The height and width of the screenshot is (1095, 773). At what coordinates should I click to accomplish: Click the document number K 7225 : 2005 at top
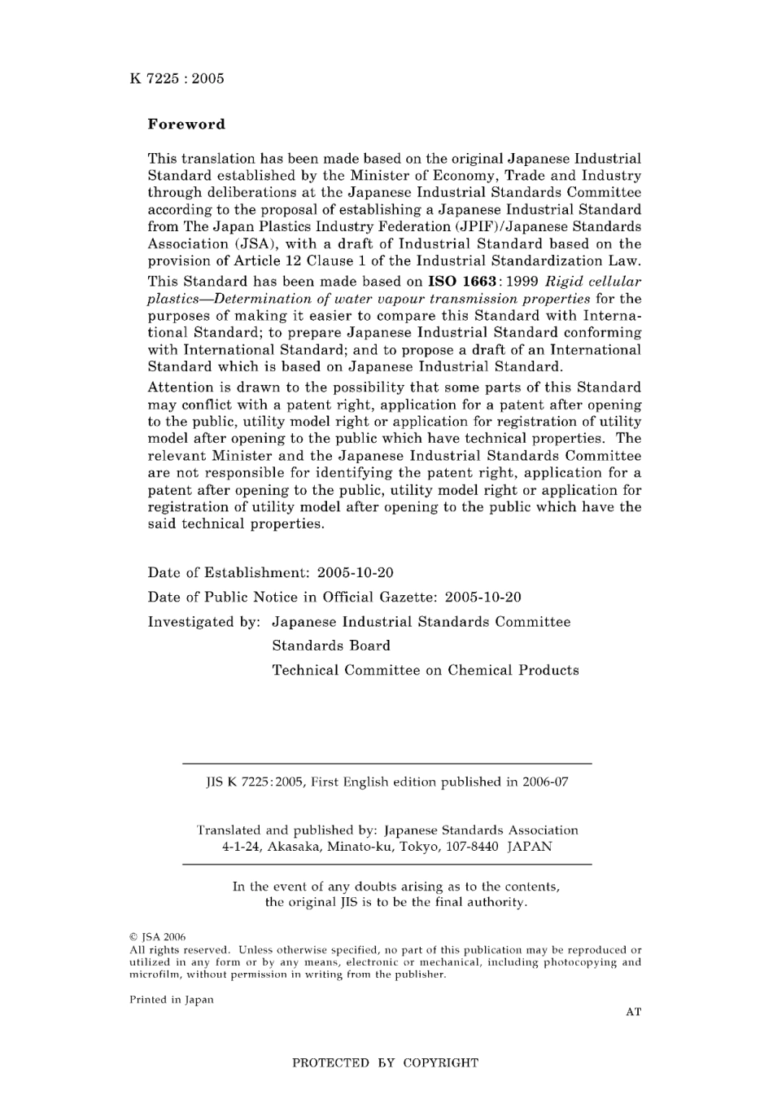pyautogui.click(x=177, y=79)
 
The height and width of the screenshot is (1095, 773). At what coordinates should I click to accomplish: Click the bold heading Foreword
pyautogui.click(x=186, y=125)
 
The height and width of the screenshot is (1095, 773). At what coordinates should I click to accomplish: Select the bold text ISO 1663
pyautogui.click(x=462, y=282)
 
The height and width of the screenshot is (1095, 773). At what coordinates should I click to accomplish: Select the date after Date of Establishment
pyautogui.click(x=356, y=572)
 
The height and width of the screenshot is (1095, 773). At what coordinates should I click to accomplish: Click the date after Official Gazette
pyautogui.click(x=483, y=597)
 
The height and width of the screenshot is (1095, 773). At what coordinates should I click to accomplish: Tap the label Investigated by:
pyautogui.click(x=203, y=622)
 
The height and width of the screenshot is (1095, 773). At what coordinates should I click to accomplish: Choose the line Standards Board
pyautogui.click(x=331, y=646)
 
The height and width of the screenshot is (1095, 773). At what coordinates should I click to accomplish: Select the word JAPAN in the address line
pyautogui.click(x=530, y=847)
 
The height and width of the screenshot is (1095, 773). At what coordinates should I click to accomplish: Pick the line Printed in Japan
pyautogui.click(x=171, y=1000)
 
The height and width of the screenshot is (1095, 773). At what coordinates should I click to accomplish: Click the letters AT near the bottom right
pyautogui.click(x=633, y=1012)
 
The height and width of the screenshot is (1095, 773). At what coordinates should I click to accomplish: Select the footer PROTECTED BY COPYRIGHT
pyautogui.click(x=385, y=1062)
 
